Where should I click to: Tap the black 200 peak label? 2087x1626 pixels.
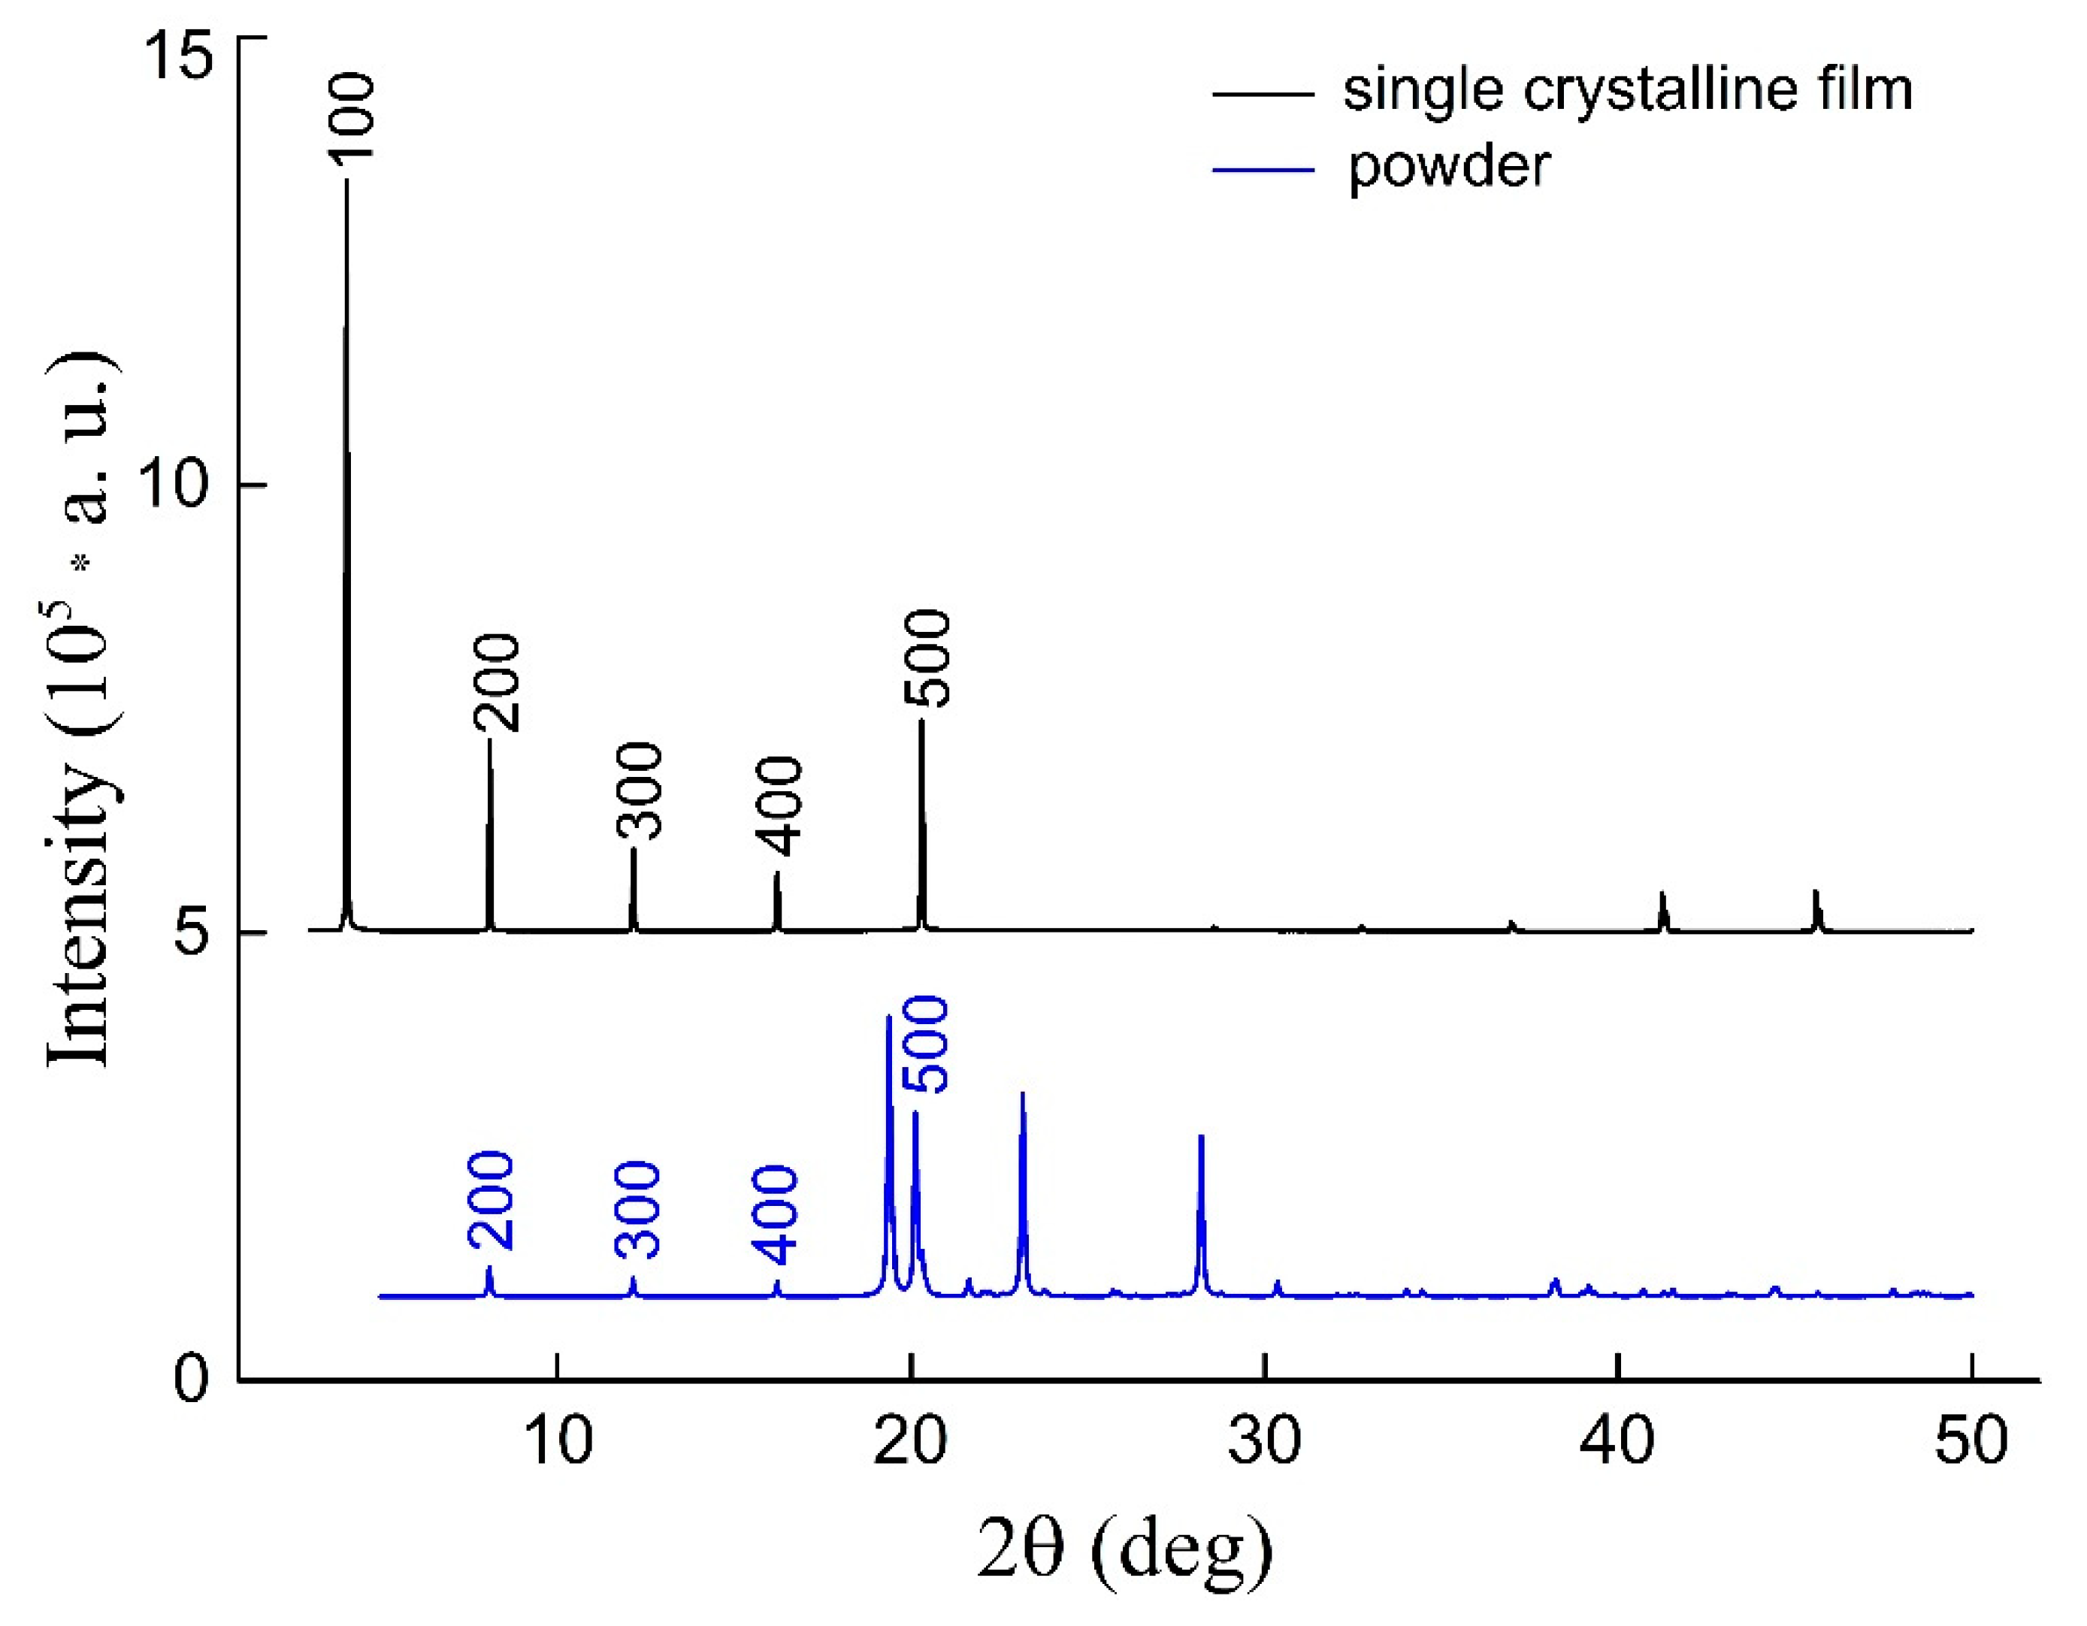[497, 682]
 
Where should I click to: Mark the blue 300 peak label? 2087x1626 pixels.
[637, 1210]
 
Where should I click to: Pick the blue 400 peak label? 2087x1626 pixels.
[775, 1214]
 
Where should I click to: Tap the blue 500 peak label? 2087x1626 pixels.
[926, 1044]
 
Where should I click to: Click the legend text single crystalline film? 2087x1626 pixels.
[1627, 91]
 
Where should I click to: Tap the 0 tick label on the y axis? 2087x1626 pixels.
[191, 1379]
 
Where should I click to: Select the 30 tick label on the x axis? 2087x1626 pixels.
[1264, 1440]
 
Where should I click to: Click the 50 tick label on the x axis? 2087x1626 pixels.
[1971, 1440]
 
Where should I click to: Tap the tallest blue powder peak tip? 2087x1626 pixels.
[889, 1017]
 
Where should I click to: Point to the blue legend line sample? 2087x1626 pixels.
[1263, 170]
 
